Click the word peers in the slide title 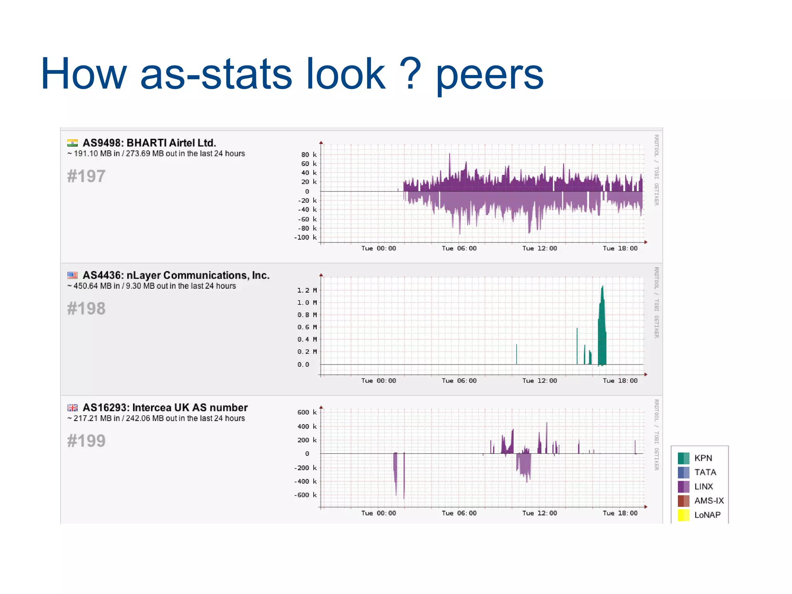click(490, 75)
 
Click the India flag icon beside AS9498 click(72, 143)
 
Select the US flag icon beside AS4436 click(72, 276)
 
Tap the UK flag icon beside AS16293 click(72, 408)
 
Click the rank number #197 click(86, 176)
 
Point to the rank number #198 click(86, 309)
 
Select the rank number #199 click(86, 441)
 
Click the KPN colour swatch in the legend click(683, 458)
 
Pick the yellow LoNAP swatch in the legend click(683, 515)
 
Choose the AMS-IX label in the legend click(708, 501)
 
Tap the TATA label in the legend click(705, 472)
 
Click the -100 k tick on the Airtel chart click(305, 238)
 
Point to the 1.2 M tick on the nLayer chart click(307, 290)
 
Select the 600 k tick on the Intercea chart click(307, 413)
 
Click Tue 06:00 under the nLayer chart click(459, 381)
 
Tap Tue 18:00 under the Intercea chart click(620, 513)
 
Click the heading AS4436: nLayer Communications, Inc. click(176, 276)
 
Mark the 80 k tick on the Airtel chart click(309, 155)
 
